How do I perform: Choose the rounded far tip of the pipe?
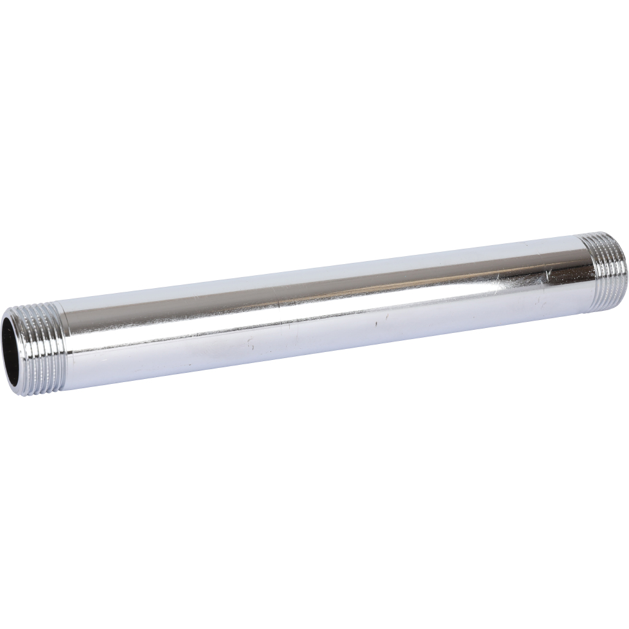[625, 270]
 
